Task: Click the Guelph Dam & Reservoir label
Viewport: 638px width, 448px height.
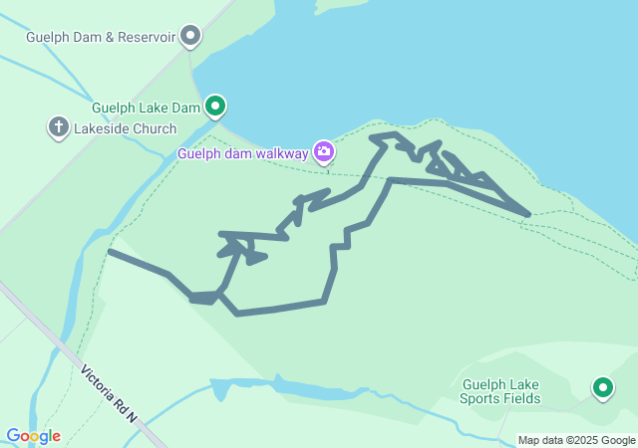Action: [102, 38]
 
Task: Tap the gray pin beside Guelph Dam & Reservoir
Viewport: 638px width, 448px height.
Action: [190, 38]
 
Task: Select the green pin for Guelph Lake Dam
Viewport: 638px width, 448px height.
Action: [216, 106]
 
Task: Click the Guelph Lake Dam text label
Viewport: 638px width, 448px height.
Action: [147, 107]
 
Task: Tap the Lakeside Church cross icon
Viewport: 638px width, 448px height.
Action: [59, 127]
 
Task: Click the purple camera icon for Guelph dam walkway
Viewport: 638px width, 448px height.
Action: [323, 152]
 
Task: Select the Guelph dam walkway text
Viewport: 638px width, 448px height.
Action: [243, 153]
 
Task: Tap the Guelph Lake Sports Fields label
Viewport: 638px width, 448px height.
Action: [500, 391]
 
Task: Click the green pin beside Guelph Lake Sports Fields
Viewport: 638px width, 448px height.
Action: [602, 387]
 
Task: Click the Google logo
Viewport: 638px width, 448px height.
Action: [33, 436]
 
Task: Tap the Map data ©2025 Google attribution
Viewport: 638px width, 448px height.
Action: [576, 440]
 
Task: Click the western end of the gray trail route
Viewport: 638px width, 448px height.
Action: [110, 252]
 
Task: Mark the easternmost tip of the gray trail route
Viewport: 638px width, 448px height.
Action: [527, 213]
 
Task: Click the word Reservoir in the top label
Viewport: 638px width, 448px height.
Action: [144, 38]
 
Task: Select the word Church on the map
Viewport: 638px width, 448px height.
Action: [153, 128]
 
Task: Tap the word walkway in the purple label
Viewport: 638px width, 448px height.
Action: [283, 153]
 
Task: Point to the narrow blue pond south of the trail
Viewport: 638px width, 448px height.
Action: [299, 389]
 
